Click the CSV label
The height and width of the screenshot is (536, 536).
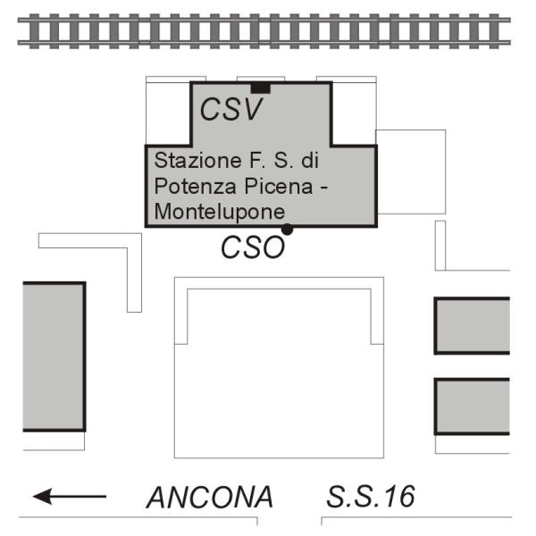[231, 109]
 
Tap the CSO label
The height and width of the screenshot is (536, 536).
[253, 247]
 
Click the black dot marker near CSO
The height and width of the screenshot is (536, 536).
[287, 230]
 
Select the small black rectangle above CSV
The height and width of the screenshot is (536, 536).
[260, 87]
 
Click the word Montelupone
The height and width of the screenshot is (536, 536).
[220, 212]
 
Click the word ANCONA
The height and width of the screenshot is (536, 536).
[210, 497]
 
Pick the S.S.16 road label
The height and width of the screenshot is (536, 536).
[370, 496]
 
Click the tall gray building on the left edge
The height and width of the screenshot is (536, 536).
[53, 356]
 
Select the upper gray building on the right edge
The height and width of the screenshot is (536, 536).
[472, 325]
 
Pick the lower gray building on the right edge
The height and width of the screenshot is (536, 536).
[472, 406]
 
